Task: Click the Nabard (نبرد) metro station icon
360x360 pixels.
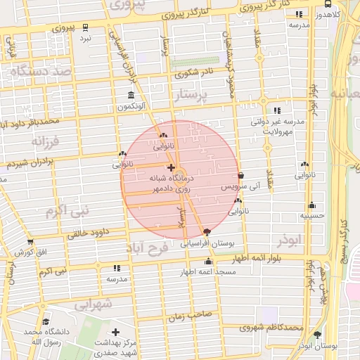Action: click(85, 27)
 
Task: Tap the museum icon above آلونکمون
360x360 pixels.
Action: click(131, 96)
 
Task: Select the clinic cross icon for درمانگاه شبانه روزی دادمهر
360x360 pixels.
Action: click(171, 168)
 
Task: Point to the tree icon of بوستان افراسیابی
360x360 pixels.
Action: click(206, 233)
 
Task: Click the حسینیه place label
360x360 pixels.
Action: click(311, 216)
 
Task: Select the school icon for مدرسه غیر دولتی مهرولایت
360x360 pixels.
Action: click(278, 110)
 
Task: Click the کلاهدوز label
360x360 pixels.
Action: click(328, 14)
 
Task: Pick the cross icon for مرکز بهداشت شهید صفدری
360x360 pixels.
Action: click(115, 332)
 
